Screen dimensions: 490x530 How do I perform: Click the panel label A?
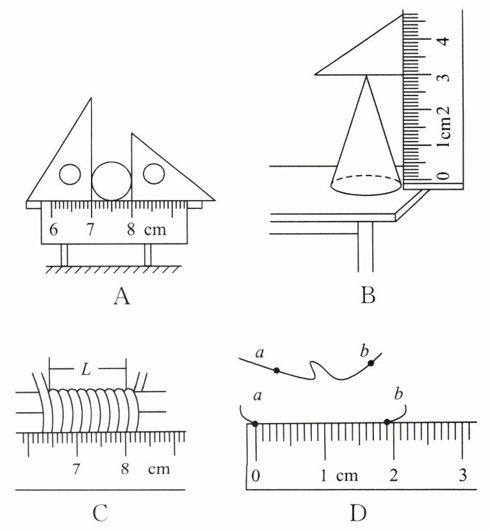tap(122, 297)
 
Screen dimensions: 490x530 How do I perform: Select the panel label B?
tap(368, 295)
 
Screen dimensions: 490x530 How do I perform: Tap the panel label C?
tap(101, 513)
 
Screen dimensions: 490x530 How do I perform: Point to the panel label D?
tap(358, 513)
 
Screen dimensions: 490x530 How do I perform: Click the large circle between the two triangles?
tap(111, 181)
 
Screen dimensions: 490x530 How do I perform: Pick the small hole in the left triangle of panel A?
tap(70, 174)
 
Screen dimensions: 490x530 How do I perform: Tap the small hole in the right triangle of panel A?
tap(154, 174)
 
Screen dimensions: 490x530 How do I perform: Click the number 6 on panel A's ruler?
tap(53, 229)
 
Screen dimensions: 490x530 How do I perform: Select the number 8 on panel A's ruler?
tap(131, 229)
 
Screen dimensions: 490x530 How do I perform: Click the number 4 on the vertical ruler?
tap(445, 40)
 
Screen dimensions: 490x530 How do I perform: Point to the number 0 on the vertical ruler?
tap(445, 176)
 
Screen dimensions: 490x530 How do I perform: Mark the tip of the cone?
tap(366, 76)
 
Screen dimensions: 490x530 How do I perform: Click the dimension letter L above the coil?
tap(86, 370)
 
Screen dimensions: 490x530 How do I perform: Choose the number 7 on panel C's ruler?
tap(76, 469)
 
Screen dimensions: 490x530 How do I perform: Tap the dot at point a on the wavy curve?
tap(277, 370)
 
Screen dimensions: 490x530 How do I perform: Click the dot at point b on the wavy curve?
tap(371, 363)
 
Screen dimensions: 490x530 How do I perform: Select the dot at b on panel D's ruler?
tap(388, 422)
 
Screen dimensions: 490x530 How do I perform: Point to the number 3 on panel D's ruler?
tap(462, 475)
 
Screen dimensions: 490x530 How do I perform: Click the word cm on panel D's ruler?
tap(347, 476)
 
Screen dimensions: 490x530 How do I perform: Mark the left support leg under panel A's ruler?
tap(64, 255)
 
